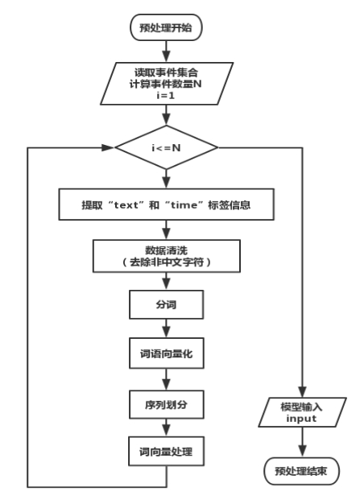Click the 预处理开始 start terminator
coord(166,27)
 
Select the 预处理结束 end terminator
coord(301,471)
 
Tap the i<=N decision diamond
coord(166,147)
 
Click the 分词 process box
coord(166,304)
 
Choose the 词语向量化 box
coord(166,353)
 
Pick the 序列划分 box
coord(166,404)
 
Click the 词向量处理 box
coord(166,452)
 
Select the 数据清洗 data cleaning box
coord(167,256)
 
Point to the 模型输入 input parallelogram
coord(302,412)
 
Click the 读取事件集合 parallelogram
coord(167,84)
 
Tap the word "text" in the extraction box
coord(126,205)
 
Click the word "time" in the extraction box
coord(183,205)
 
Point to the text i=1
coord(166,96)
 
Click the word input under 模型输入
coord(301,419)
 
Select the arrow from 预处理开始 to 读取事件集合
coord(166,52)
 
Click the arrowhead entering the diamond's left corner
coord(109,147)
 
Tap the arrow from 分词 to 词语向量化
coord(166,328)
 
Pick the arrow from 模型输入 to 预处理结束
coord(302,442)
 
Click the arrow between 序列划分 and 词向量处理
coord(166,428)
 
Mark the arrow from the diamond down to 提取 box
coord(166,179)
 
